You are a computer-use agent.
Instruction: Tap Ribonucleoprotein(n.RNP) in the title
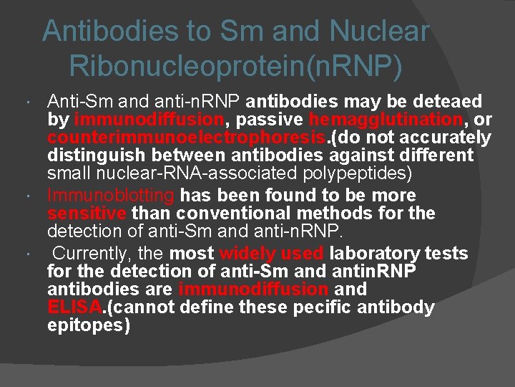[x=236, y=67]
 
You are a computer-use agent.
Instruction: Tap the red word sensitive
[x=87, y=213]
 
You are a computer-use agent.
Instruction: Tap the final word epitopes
[x=89, y=325]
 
